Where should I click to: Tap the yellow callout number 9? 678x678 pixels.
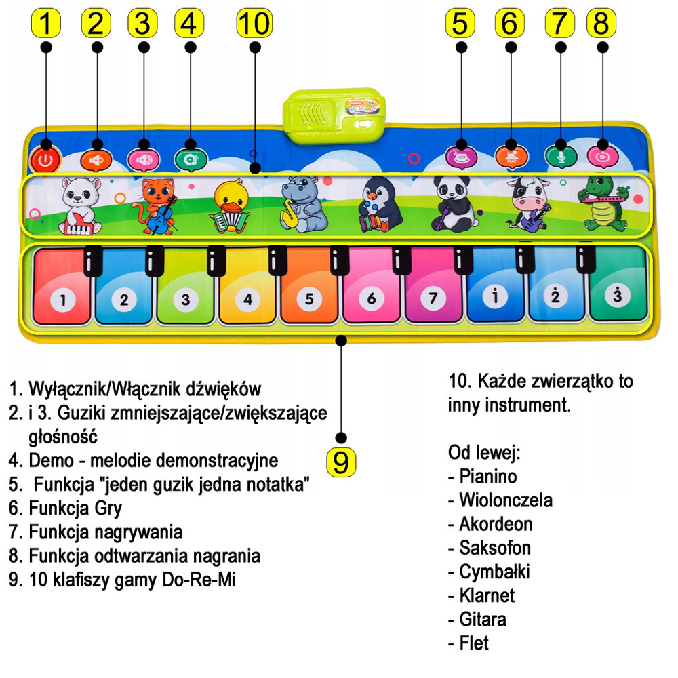click(x=341, y=462)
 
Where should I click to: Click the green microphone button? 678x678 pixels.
click(x=559, y=155)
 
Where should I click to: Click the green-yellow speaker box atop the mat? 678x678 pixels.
click(x=336, y=114)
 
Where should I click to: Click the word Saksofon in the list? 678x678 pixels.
click(x=495, y=548)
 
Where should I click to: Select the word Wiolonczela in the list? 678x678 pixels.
click(x=505, y=500)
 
